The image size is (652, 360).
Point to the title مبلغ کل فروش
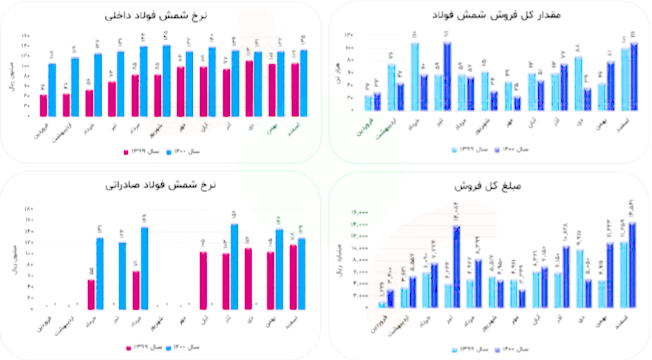click(485, 187)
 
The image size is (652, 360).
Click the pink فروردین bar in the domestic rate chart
click(43, 105)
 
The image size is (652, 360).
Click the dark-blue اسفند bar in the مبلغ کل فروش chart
click(632, 265)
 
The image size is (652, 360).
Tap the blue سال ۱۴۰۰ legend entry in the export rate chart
click(183, 347)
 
